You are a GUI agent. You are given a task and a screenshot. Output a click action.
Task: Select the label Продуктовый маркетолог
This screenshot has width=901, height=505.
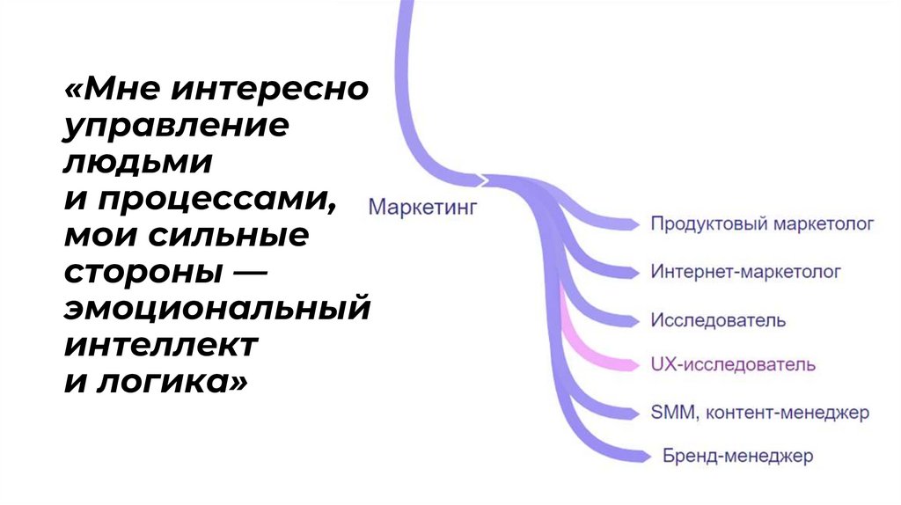click(x=762, y=224)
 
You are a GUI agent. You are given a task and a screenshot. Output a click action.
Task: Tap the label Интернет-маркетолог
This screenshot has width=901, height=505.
click(x=745, y=272)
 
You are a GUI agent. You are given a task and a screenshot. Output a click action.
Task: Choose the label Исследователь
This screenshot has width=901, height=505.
click(x=718, y=319)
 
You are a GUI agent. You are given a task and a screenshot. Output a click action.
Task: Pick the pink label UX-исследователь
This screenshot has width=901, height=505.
click(x=733, y=364)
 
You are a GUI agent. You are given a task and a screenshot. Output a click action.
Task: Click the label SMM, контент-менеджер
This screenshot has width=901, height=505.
click(x=759, y=411)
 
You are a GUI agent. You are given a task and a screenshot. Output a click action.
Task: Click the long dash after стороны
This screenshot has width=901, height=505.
click(x=247, y=273)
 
